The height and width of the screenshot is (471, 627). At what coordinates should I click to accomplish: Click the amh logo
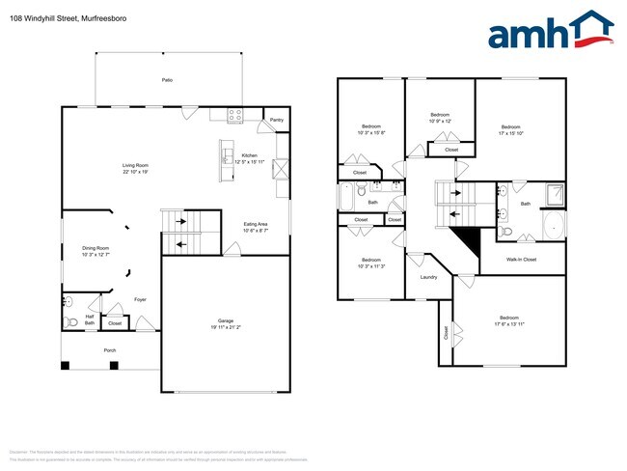coord(551,31)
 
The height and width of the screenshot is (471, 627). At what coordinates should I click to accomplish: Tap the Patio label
coord(167,79)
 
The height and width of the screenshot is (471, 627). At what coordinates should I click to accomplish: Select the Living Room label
coord(135,166)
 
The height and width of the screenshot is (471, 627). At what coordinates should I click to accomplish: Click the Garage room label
coord(225,320)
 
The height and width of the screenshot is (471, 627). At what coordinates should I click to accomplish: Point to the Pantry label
coord(277,120)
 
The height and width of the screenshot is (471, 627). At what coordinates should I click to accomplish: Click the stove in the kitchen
coord(234,116)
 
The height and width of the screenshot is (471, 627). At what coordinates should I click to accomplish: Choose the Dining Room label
coord(95,248)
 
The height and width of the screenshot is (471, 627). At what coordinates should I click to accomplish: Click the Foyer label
coord(140,299)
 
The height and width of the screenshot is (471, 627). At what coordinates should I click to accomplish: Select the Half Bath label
coord(89,319)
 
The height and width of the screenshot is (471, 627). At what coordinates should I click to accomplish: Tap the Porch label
coord(111,350)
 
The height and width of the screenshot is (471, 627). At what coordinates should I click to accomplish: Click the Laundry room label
coord(428,277)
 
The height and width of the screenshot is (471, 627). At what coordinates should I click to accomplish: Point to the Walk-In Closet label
coord(522,260)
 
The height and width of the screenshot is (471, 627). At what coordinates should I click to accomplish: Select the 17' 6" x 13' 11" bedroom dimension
coord(508,324)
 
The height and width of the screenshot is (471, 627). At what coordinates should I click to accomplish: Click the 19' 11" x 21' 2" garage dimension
coord(225,327)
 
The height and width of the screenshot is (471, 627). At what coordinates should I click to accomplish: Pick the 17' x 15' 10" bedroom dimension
coord(511,133)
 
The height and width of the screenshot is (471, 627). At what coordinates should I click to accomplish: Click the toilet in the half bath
coord(70,320)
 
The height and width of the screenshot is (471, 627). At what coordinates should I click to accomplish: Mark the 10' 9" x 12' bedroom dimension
coord(440,121)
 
